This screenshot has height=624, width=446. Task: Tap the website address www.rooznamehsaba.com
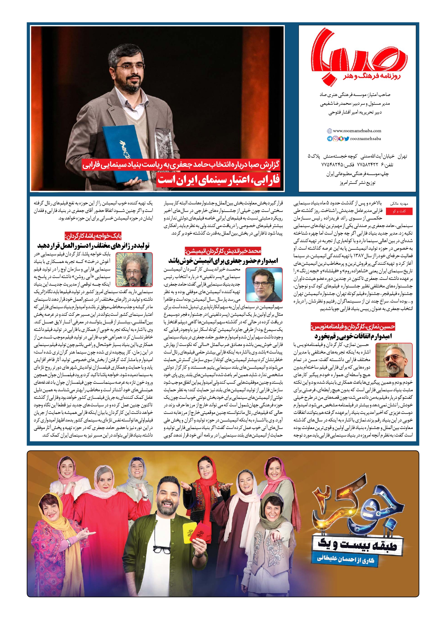[x=357, y=131]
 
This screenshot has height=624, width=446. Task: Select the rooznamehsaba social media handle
[x=365, y=139]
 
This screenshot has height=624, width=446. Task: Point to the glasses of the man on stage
[x=128, y=67]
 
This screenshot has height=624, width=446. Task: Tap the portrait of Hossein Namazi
[x=394, y=360]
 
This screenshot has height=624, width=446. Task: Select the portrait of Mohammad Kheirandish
[x=264, y=285]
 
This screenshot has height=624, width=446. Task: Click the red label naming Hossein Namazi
[x=353, y=326]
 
